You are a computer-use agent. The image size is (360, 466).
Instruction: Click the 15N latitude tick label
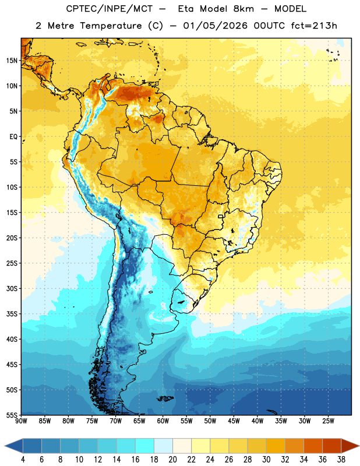[12, 61]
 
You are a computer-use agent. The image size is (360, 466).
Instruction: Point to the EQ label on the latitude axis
[13, 137]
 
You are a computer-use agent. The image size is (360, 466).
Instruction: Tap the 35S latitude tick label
[12, 314]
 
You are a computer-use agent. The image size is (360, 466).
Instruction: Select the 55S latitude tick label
[12, 415]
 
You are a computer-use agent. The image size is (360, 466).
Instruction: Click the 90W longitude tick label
[21, 421]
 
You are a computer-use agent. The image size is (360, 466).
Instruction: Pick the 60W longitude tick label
[163, 421]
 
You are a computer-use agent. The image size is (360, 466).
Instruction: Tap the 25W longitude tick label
[328, 421]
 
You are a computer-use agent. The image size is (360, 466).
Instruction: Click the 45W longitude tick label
[234, 421]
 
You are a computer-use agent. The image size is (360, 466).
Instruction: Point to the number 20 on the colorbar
[172, 460]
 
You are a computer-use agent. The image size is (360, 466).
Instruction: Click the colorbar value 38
[341, 460]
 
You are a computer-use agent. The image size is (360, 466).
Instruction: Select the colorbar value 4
[23, 460]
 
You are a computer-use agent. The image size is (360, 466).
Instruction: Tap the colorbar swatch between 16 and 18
[145, 446]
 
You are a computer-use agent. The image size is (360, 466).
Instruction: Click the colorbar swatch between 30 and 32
[276, 446]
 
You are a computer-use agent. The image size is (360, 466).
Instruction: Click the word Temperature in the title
[111, 26]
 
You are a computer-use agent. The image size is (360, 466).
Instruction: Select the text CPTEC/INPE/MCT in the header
[109, 9]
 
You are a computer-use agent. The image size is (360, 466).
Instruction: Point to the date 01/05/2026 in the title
[215, 26]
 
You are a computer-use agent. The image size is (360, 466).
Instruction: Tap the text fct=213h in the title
[314, 26]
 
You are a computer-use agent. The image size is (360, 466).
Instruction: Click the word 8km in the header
[243, 9]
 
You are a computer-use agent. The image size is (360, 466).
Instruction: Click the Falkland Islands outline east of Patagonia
[165, 398]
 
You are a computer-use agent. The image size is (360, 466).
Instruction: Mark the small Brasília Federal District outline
[221, 216]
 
